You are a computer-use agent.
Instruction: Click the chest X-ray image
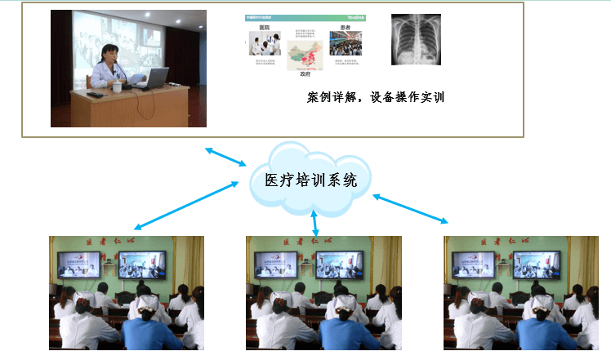click(x=417, y=40)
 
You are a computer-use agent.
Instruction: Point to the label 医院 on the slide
click(x=265, y=27)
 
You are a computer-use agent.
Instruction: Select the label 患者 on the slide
click(x=346, y=27)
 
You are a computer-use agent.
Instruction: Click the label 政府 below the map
click(x=305, y=73)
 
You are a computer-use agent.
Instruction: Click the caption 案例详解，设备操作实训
click(x=381, y=98)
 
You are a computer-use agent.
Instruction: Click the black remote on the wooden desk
click(x=96, y=96)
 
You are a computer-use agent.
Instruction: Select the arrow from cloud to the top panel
click(x=226, y=157)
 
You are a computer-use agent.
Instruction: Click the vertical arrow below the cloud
click(x=315, y=222)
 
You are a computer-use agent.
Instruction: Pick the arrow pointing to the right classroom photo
click(x=411, y=209)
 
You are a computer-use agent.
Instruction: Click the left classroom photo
click(x=127, y=292)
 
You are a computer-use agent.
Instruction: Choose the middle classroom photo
click(x=324, y=292)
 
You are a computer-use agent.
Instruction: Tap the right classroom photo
click(x=522, y=292)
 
